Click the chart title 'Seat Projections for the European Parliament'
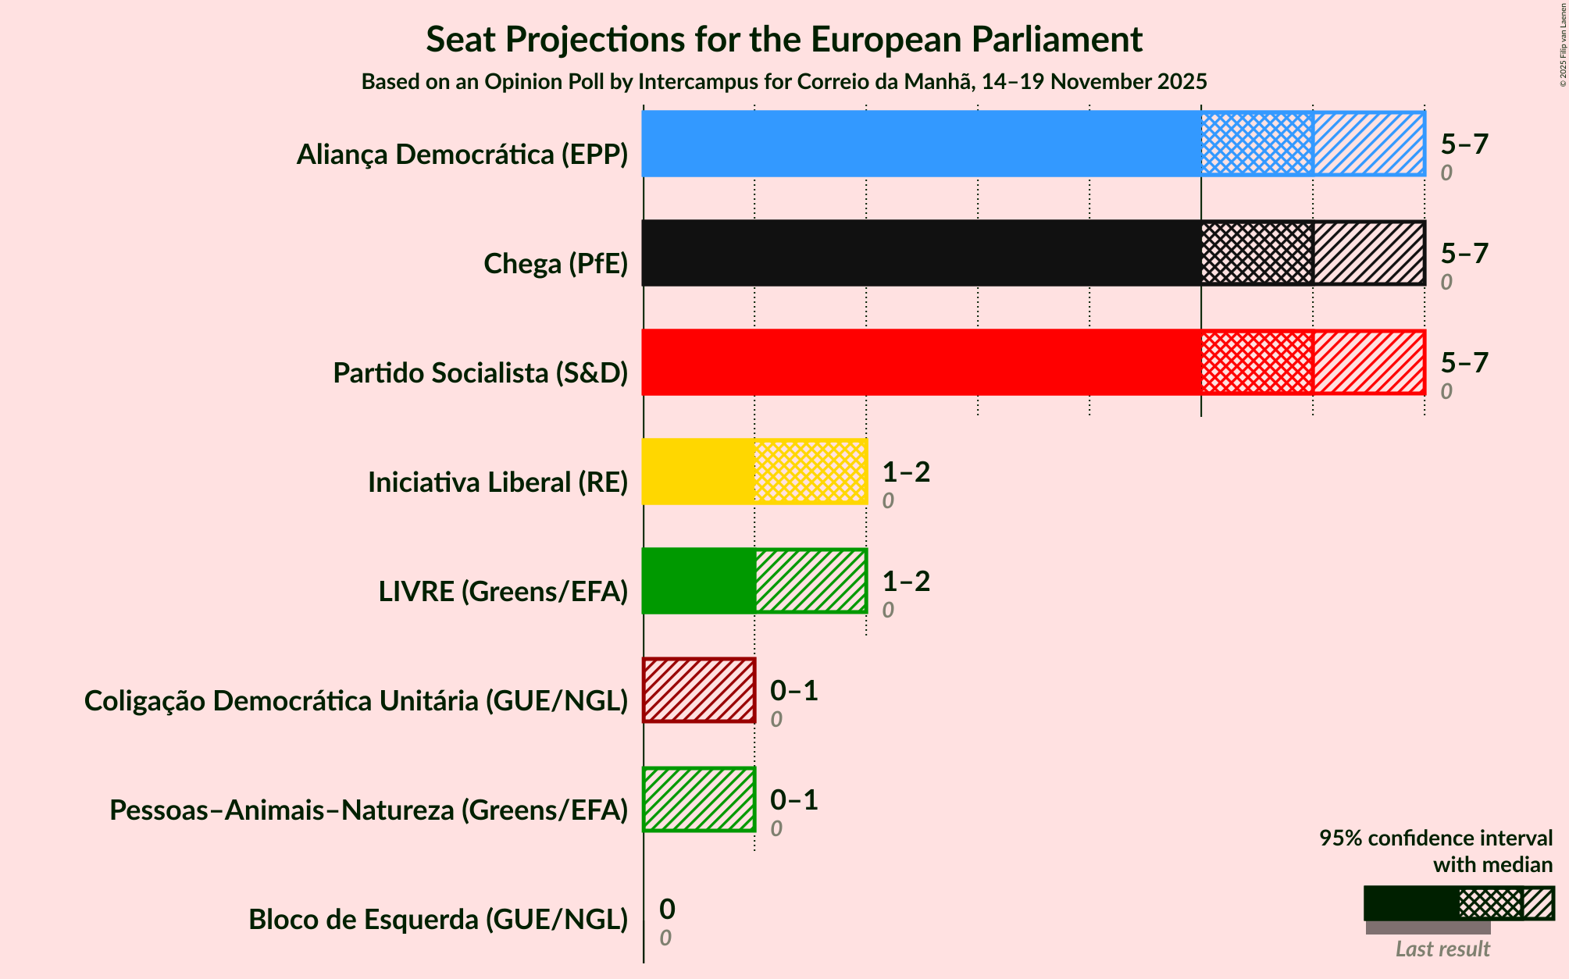[784, 39]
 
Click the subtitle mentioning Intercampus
[784, 81]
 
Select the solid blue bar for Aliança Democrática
[922, 144]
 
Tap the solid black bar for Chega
[922, 253]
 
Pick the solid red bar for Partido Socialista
[922, 362]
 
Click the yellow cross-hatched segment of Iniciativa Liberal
[811, 472]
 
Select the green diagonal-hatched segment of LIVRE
[811, 581]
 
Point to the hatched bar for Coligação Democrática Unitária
[699, 690]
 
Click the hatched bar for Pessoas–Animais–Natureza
[699, 799]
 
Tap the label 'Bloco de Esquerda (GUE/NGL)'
[438, 919]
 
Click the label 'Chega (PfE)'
[555, 263]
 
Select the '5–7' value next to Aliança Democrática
[1464, 144]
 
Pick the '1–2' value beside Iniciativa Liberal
[906, 472]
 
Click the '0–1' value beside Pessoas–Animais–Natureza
[793, 799]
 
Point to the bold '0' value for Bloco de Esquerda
[667, 909]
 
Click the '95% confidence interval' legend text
[1435, 838]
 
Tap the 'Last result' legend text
[1442, 949]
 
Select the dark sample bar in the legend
[1410, 903]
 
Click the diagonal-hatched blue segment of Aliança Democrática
[1368, 144]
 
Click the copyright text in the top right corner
[1563, 44]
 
